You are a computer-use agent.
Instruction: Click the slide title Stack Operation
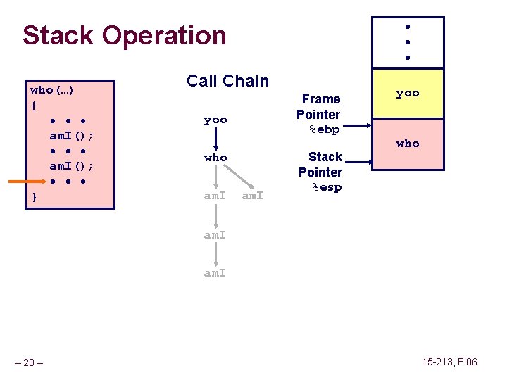coord(124,35)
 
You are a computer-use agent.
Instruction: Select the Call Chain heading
coord(227,81)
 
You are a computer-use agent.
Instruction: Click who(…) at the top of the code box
coord(53,90)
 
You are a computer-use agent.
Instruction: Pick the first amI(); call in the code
coord(72,136)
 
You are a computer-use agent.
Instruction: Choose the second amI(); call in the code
coord(72,167)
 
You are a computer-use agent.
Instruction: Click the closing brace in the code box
coord(34,198)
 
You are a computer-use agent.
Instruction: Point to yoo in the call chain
coord(215,120)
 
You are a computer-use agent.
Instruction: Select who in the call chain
coord(215,158)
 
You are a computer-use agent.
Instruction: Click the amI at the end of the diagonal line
coord(253,196)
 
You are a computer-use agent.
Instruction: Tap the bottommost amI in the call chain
coord(215,272)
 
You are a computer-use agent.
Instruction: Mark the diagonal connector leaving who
coord(235,176)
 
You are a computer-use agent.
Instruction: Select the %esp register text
coord(325,188)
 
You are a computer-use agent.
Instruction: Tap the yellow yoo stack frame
coord(408,93)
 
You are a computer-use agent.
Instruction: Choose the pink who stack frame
coord(408,144)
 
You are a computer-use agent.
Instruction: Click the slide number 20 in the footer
coord(30,362)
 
